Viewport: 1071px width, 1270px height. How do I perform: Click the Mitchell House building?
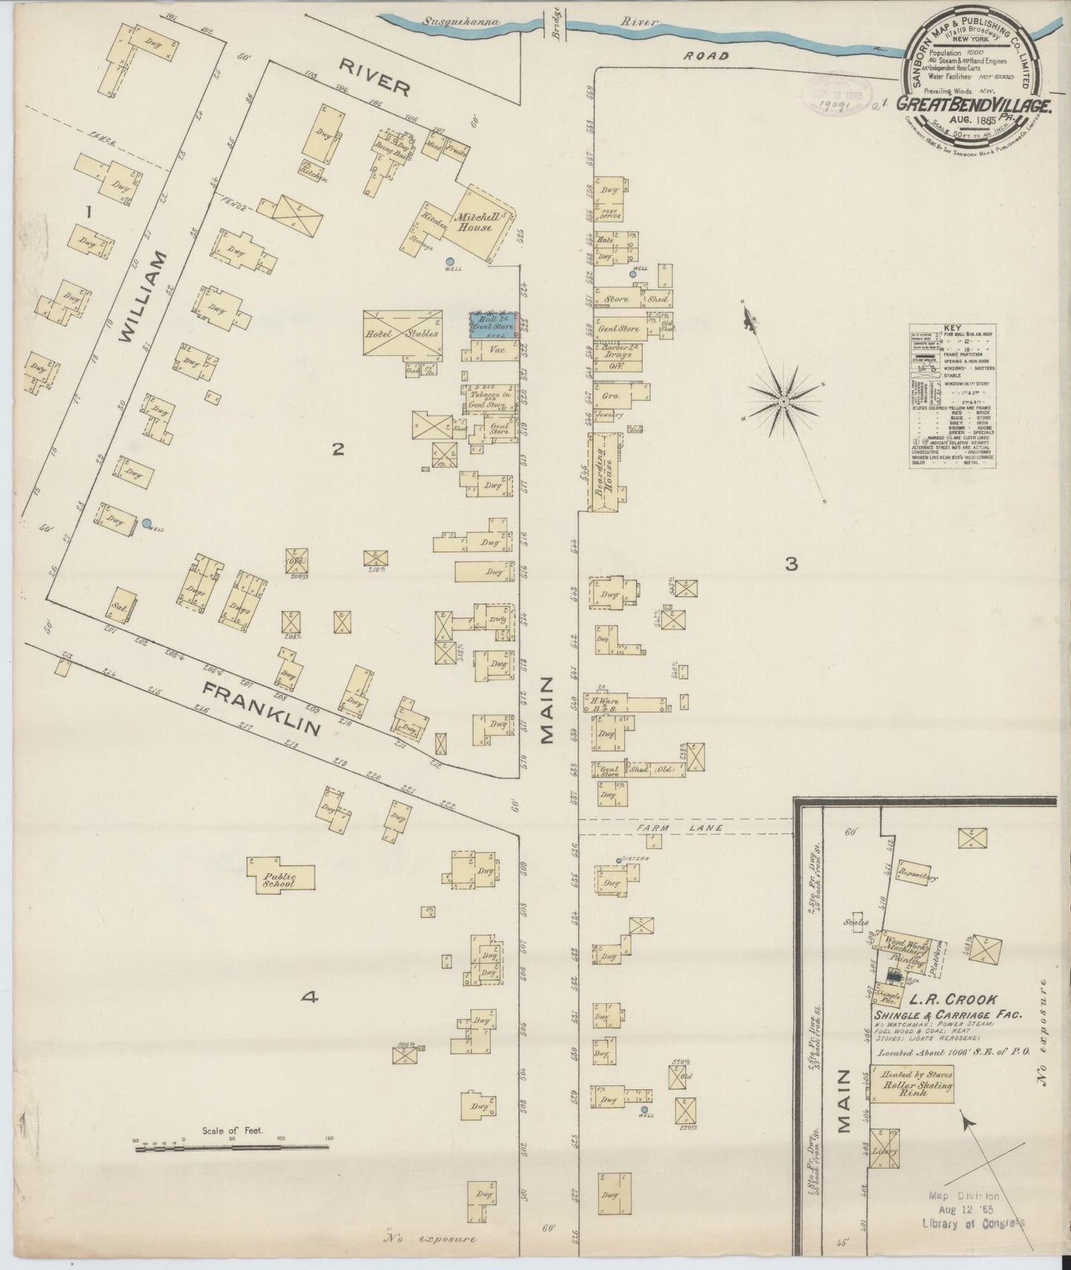(478, 223)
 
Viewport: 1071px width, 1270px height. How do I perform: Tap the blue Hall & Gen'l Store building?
(493, 325)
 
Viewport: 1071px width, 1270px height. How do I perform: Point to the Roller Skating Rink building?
(911, 1086)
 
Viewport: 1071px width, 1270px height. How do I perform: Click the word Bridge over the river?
(566, 30)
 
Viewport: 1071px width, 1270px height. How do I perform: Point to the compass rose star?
(782, 401)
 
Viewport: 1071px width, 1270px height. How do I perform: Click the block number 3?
(791, 565)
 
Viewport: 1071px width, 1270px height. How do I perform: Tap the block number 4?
(309, 997)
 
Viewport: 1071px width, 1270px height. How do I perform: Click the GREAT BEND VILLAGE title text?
(975, 105)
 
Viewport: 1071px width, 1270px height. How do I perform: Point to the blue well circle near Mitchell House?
(450, 261)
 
